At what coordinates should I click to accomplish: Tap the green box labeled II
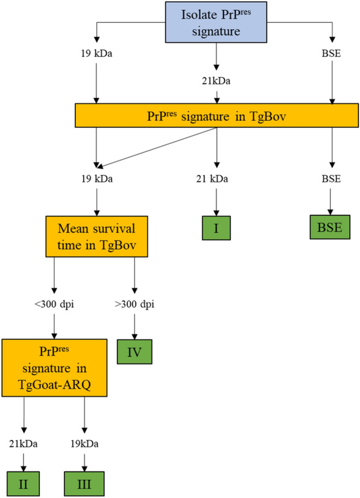(x=23, y=483)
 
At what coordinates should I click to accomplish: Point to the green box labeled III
(x=84, y=483)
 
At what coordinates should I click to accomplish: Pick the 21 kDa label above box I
(x=216, y=179)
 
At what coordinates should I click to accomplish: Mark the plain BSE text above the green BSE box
(x=330, y=179)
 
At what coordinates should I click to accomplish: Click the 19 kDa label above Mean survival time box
(x=96, y=179)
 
